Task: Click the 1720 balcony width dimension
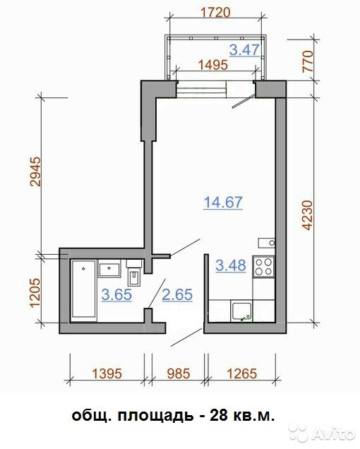click(x=216, y=13)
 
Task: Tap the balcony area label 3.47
click(x=244, y=50)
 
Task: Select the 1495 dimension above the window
click(x=213, y=65)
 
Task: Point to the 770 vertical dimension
click(x=308, y=61)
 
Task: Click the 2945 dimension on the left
click(x=37, y=172)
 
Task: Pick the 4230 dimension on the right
click(x=308, y=215)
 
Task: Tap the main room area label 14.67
click(x=223, y=202)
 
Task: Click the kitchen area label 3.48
click(x=231, y=265)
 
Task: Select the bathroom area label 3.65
click(x=116, y=294)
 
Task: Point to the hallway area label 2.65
click(x=177, y=294)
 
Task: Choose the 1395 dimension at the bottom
click(x=107, y=373)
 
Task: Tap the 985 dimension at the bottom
click(x=178, y=373)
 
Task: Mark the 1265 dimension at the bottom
click(x=242, y=373)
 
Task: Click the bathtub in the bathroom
click(x=83, y=289)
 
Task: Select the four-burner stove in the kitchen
click(x=263, y=267)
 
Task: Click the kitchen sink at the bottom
click(x=242, y=311)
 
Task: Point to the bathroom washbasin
click(x=109, y=270)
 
